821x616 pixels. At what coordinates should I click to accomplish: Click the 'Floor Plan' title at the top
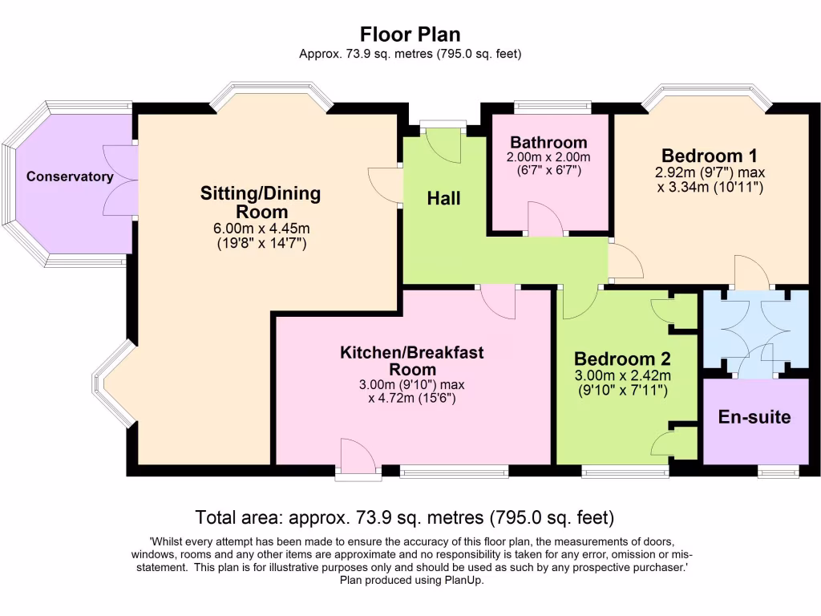410,34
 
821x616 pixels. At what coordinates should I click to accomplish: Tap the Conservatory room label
70,176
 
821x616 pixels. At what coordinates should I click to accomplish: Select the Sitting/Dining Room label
260,202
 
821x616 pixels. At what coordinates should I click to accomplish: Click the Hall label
443,198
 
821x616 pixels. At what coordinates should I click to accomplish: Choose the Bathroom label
548,143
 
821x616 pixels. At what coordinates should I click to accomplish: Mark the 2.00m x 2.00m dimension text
548,157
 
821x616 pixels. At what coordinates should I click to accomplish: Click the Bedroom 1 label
709,155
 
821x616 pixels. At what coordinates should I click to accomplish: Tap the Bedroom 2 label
622,359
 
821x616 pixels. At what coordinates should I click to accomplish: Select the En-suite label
754,417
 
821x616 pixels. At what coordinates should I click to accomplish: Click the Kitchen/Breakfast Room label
412,360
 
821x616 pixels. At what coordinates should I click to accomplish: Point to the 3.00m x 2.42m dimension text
622,375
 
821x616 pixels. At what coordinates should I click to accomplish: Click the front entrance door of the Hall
442,141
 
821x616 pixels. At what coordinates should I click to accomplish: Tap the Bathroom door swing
545,220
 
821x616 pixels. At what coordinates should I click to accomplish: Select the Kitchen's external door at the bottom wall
357,457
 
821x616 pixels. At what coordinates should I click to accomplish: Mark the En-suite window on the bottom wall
779,471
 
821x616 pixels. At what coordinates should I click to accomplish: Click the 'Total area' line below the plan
405,517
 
